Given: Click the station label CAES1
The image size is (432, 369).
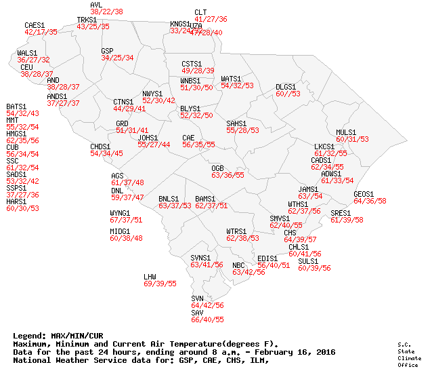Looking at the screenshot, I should [x=35, y=25].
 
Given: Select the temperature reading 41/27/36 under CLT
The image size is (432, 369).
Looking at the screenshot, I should [x=211, y=20].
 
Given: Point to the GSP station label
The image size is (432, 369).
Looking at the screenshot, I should [x=107, y=51].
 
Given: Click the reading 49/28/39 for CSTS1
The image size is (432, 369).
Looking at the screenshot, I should [x=198, y=71].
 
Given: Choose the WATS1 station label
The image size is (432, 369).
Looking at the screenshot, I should [x=231, y=79].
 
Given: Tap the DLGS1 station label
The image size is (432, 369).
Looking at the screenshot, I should [x=286, y=87].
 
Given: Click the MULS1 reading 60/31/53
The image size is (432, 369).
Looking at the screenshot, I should [x=352, y=139].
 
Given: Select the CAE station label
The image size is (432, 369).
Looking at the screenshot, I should [x=188, y=138].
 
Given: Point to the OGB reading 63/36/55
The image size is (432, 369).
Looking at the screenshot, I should [x=228, y=175].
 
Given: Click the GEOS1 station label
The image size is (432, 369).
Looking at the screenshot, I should [x=364, y=194].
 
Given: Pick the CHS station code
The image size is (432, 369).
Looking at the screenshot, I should [x=290, y=233].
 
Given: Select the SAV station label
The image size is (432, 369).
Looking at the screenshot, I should [x=197, y=312].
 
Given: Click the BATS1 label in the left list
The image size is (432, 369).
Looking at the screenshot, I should [x=16, y=106].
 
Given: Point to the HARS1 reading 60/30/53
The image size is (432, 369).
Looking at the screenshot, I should [x=22, y=208].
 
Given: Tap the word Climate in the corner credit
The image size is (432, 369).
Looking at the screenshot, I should [x=405, y=358].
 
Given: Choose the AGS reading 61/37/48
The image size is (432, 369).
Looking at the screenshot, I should [x=127, y=182].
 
